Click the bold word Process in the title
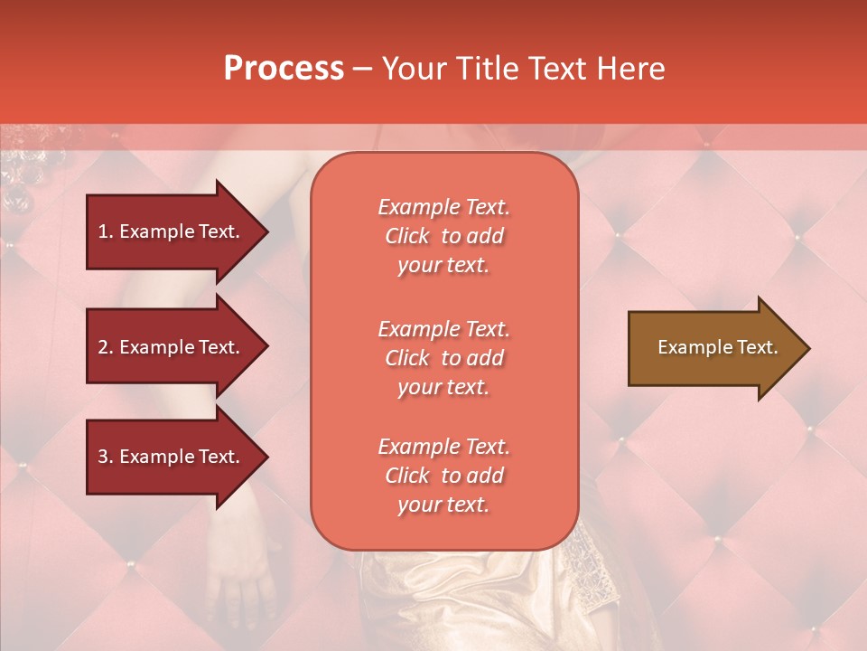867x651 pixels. point(284,69)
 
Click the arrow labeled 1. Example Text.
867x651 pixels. point(172,231)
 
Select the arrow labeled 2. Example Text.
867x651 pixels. point(172,347)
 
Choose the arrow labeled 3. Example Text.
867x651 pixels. point(172,457)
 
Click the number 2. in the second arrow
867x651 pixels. point(106,347)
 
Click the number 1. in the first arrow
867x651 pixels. point(105,231)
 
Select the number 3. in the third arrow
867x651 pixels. point(106,457)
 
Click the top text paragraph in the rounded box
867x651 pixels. point(443,236)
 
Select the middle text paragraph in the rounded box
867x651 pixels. point(443,358)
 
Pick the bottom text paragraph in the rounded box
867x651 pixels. point(443,476)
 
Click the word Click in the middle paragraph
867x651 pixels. point(407,358)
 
